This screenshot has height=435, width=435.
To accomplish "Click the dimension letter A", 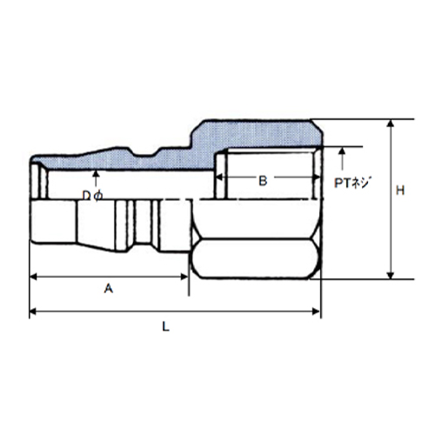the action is [x=109, y=289].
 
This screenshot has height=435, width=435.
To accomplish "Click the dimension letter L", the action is [x=165, y=327].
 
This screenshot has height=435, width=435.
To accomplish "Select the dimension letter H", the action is [x=400, y=191].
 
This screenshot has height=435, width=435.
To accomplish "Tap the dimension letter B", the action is [x=263, y=181].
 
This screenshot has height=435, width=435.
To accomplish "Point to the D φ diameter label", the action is [x=92, y=197].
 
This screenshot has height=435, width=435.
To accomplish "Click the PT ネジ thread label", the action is [x=352, y=183].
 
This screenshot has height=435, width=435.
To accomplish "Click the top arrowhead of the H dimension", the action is [x=391, y=124].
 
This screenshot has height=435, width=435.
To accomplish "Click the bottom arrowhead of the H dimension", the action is [x=391, y=275].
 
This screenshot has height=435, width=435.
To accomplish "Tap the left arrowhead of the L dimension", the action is [x=33, y=311].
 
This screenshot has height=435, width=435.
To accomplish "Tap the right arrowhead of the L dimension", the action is [x=315, y=311].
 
